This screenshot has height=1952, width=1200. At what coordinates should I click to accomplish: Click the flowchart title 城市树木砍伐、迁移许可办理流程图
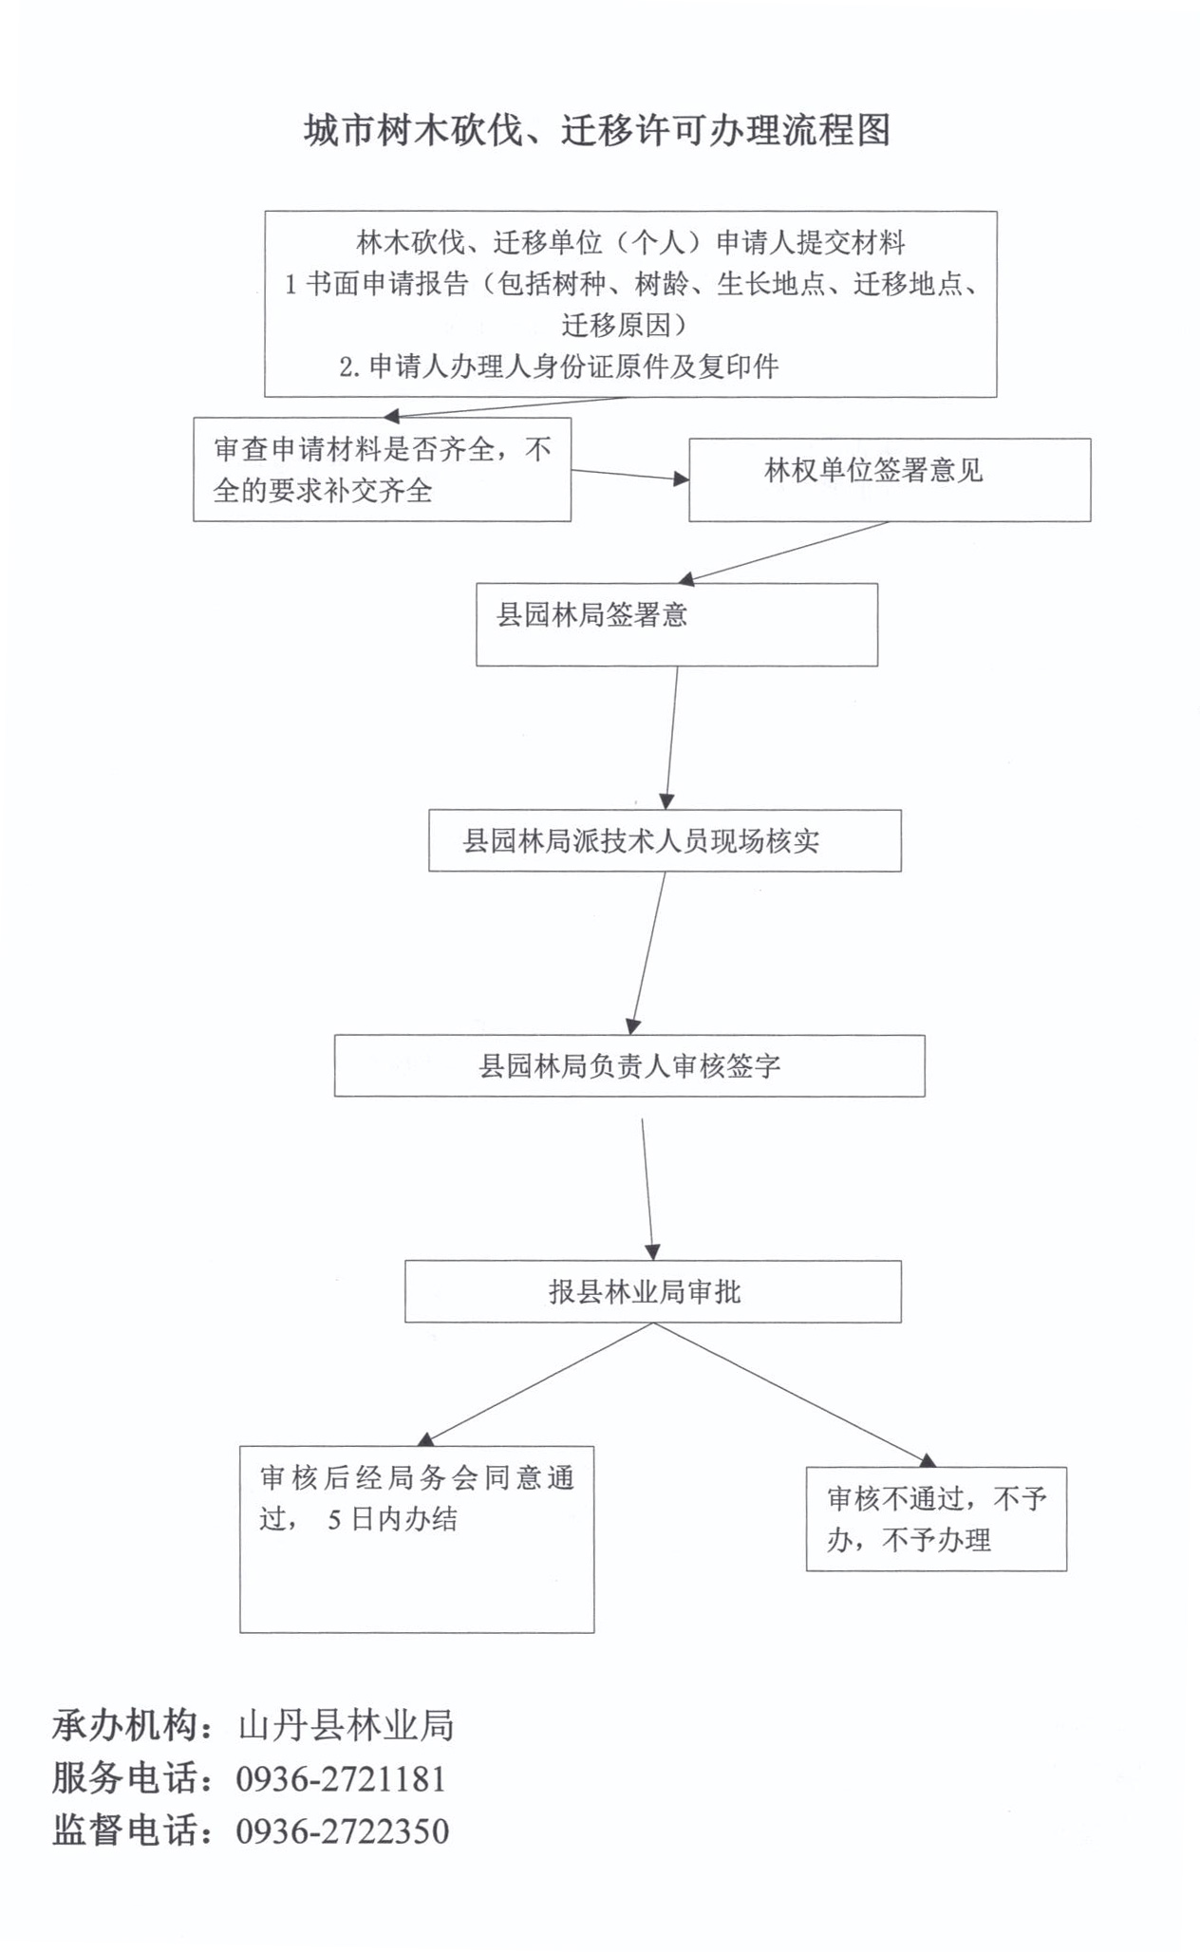pos(597,130)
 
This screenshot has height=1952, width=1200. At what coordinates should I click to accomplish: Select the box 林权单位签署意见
pos(889,479)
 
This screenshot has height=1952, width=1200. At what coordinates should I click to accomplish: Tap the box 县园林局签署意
pos(676,624)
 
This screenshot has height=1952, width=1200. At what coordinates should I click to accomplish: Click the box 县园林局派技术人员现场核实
pos(664,840)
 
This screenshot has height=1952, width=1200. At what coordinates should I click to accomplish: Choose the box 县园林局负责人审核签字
pos(628,1065)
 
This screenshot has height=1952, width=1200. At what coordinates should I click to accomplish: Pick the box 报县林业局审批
pos(652,1291)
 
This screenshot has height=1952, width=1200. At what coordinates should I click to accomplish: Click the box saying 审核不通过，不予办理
pos(935,1519)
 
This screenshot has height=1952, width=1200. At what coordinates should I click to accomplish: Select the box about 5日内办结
pos(416,1538)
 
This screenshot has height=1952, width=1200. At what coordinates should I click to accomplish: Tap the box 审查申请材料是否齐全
pos(382,469)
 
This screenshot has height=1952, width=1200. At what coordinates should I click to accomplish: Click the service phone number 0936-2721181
pos(341,1778)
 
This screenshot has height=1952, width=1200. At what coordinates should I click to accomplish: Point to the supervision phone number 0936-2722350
pos(342,1830)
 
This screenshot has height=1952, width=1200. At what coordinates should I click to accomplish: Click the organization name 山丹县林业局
pos(346,1725)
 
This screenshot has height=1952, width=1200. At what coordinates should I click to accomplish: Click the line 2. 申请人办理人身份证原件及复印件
pos(558,366)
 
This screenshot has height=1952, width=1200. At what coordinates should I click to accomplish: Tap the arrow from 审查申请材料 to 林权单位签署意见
pos(629,475)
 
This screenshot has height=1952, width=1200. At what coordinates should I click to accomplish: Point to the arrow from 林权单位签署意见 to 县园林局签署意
pos(783,552)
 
